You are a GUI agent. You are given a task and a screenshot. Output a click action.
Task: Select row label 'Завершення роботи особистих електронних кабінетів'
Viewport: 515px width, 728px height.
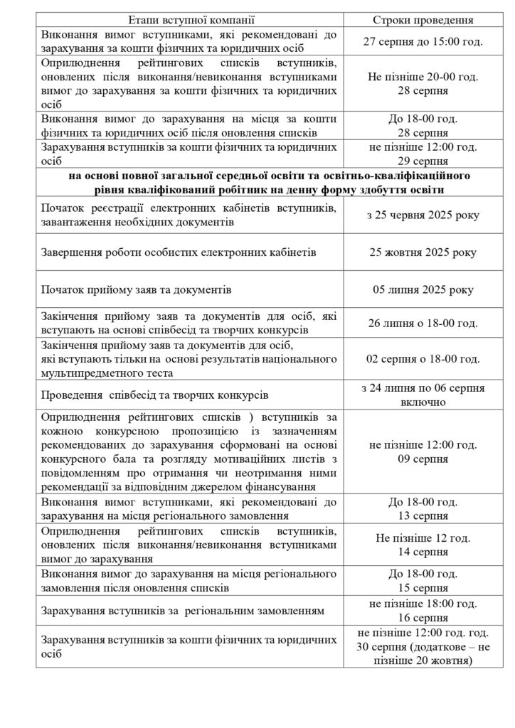(x=179, y=252)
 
